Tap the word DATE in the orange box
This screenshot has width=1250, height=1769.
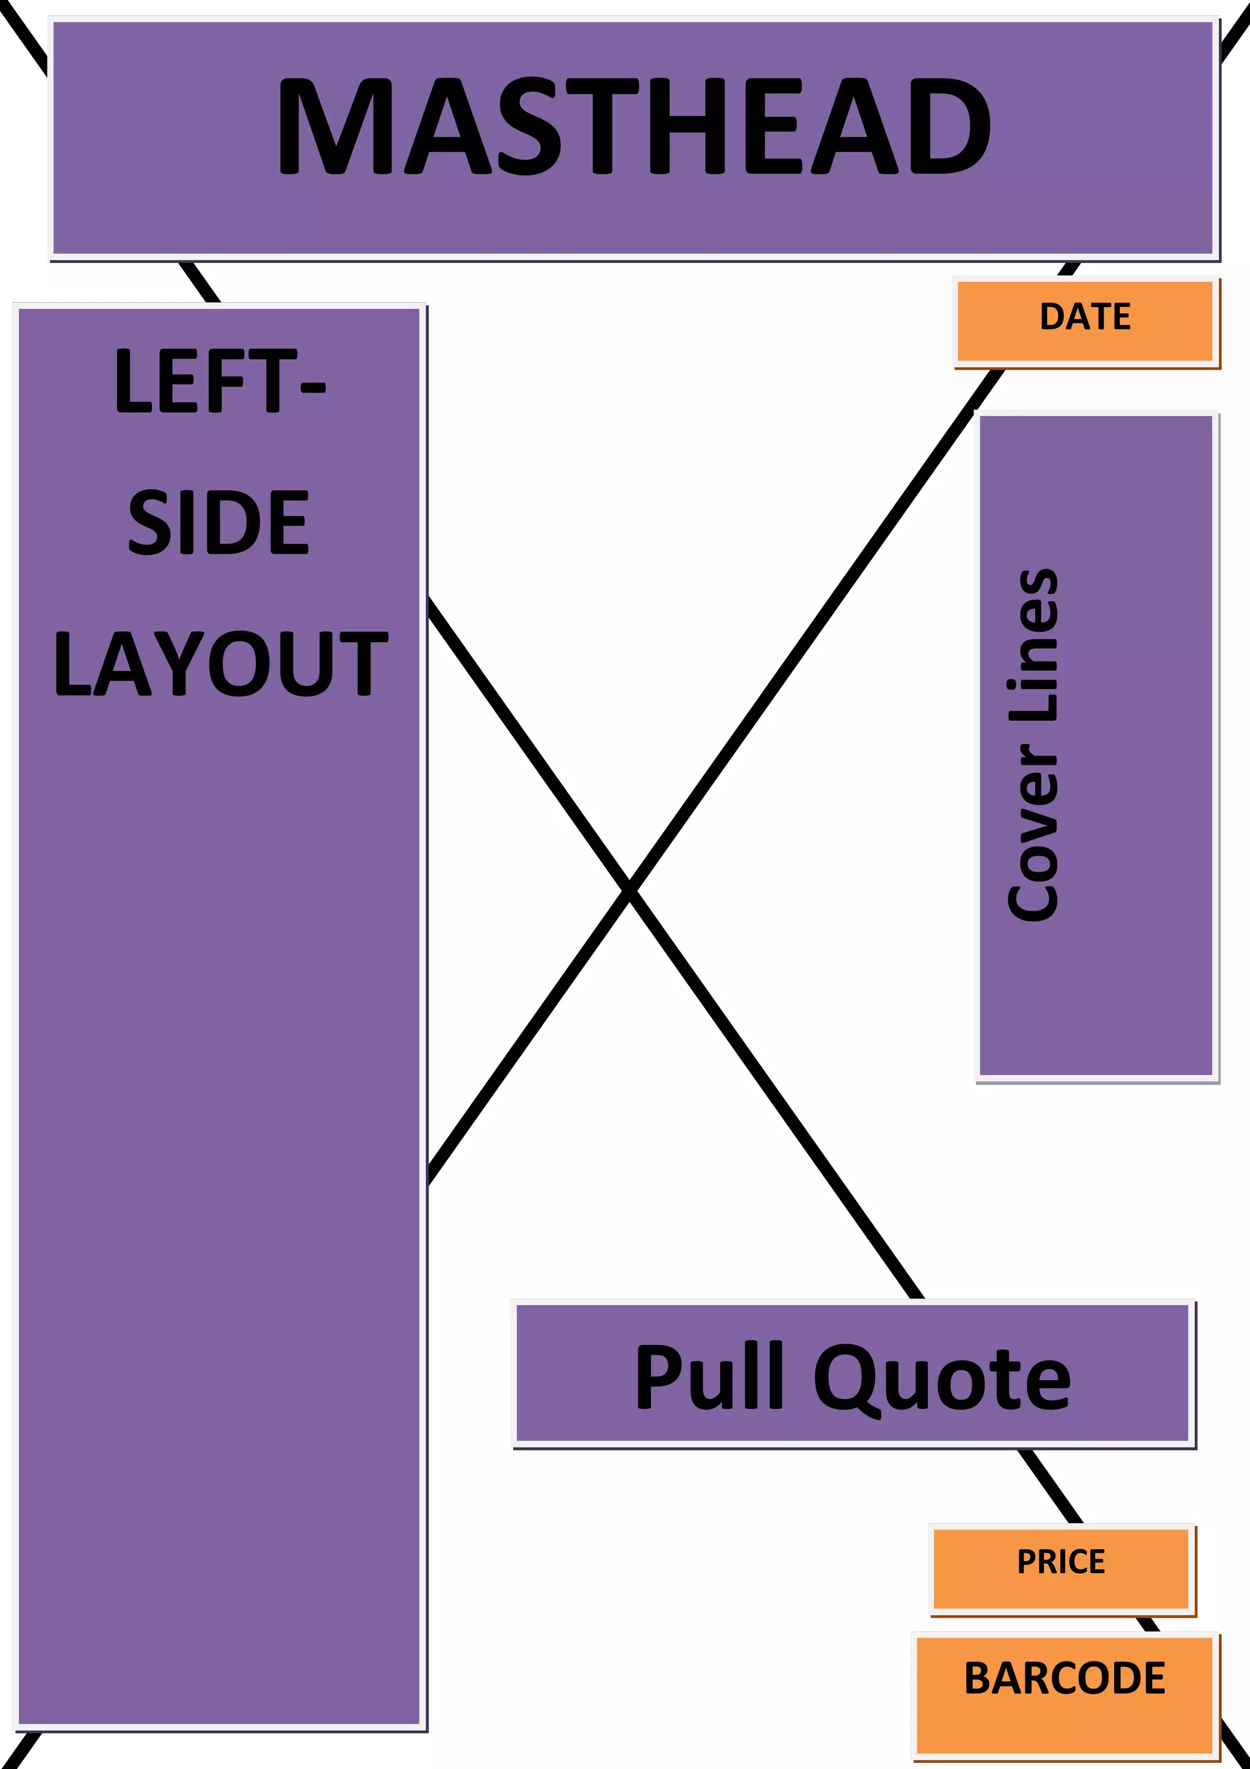(x=1085, y=317)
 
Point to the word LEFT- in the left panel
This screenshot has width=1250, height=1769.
(x=220, y=382)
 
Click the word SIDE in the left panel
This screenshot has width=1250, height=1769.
(x=219, y=523)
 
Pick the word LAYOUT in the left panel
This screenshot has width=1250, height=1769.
(x=220, y=664)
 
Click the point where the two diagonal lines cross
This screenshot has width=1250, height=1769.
(x=630, y=891)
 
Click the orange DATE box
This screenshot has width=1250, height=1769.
(x=1001, y=339)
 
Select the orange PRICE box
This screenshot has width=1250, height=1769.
(x=970, y=1587)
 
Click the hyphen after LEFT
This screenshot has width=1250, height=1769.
(x=312, y=388)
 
